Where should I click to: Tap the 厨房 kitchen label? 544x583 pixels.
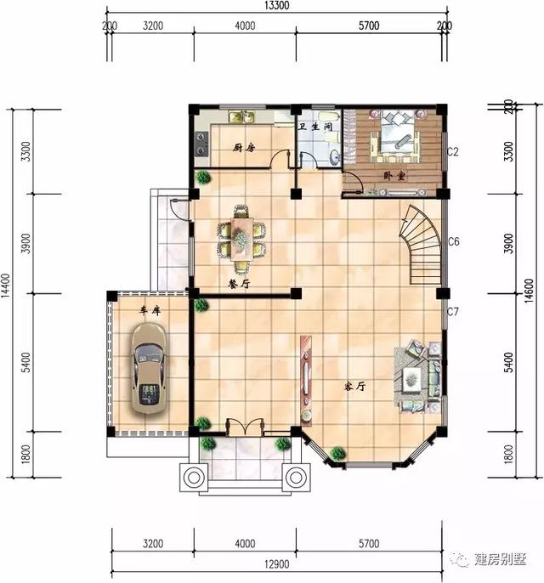(244, 148)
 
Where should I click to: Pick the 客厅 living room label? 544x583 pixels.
(354, 386)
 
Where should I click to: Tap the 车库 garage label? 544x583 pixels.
(150, 311)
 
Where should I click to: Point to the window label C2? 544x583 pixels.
(453, 152)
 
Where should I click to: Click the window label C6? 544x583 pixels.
(454, 242)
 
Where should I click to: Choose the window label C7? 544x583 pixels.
(453, 312)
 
